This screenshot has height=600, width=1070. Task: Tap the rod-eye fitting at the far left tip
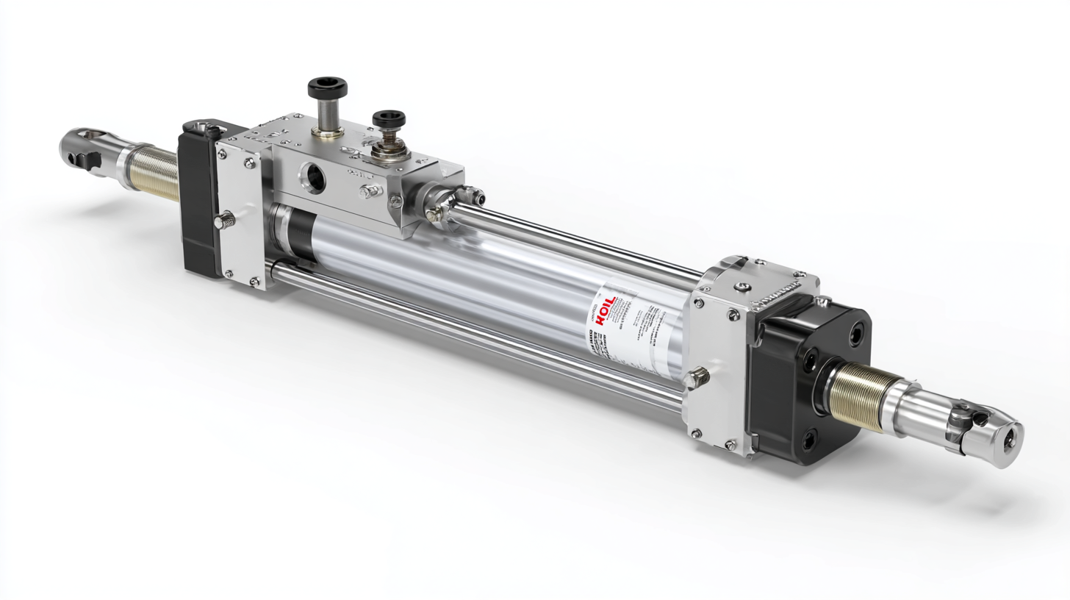click(82, 149)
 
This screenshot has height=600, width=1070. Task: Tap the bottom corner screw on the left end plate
click(254, 280)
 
